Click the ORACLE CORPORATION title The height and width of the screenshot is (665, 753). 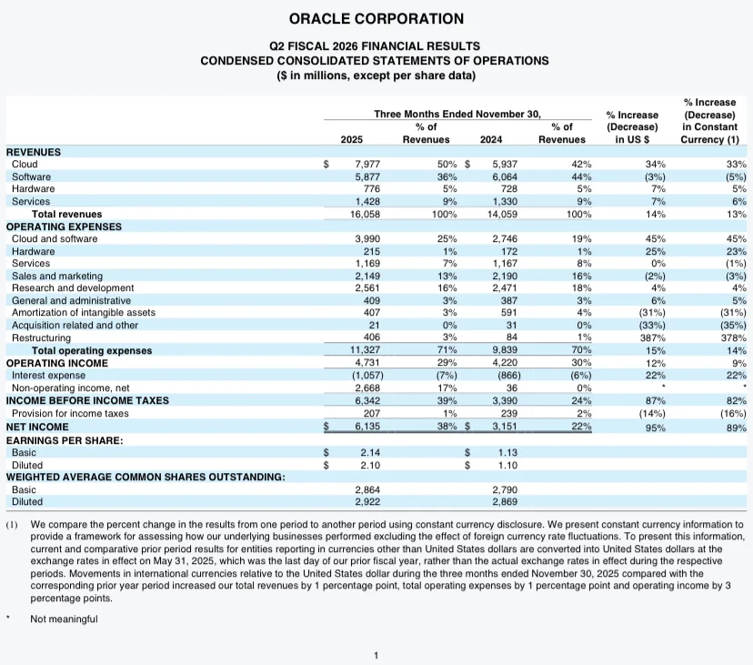[x=376, y=19]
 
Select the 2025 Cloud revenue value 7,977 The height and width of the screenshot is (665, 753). [x=367, y=165]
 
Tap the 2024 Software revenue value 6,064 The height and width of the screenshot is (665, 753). [x=505, y=176]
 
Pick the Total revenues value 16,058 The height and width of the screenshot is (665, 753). [x=365, y=215]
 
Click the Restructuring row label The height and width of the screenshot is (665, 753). [x=41, y=338]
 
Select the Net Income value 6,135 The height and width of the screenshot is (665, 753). [x=367, y=426]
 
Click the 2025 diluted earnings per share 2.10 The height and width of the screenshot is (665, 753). [x=370, y=465]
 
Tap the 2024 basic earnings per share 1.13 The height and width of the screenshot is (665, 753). [x=507, y=453]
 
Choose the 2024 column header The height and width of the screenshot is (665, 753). [x=491, y=139]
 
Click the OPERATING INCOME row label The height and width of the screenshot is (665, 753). [x=57, y=363]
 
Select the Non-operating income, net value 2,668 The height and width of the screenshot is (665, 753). [x=367, y=388]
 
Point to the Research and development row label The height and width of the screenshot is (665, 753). [x=73, y=288]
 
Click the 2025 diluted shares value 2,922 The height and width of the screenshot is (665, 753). [x=367, y=501]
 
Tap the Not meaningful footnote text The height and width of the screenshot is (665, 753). [x=64, y=619]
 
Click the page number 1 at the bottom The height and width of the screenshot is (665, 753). [x=376, y=655]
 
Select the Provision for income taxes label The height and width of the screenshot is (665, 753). [x=70, y=413]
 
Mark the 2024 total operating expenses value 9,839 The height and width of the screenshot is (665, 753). [x=505, y=350]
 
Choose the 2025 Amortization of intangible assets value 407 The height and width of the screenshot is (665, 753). [x=372, y=313]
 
